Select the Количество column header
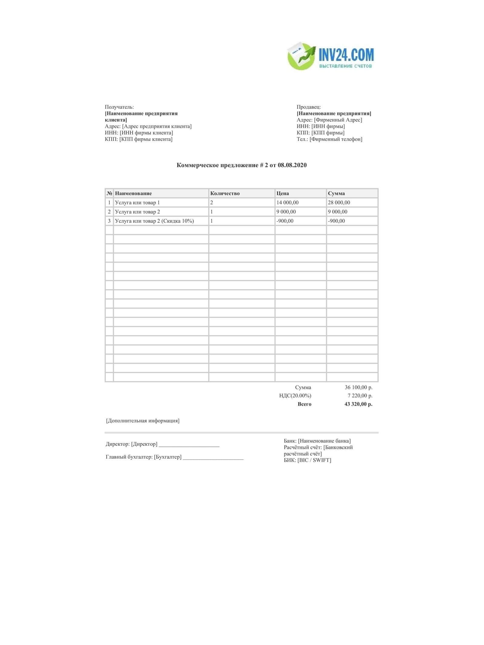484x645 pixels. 225,193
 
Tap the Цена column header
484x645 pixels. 283,193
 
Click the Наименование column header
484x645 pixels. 133,193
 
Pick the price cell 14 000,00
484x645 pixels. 287,202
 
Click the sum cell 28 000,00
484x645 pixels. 339,202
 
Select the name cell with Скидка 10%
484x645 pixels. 154,221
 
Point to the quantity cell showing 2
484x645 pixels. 212,202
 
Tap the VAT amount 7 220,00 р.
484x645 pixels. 360,396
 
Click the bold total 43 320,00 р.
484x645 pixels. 358,404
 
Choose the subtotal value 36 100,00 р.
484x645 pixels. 358,387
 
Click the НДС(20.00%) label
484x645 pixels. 295,396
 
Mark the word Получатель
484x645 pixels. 119,107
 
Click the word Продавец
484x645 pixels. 308,107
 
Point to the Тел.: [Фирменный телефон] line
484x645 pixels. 329,139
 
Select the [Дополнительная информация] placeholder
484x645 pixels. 143,421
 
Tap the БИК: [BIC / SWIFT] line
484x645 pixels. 307,460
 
